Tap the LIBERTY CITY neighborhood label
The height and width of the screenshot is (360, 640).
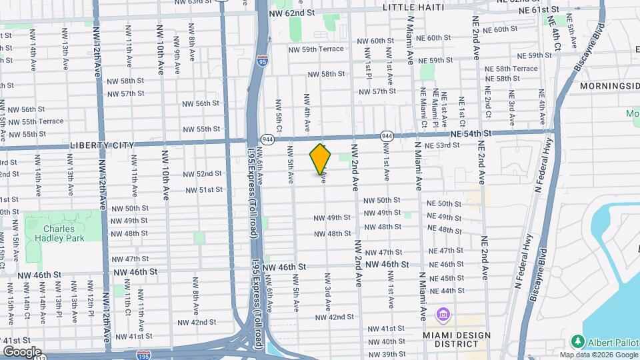pos(101,145)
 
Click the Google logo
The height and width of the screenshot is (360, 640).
pos(21,352)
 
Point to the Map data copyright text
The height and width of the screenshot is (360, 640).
pos(599,355)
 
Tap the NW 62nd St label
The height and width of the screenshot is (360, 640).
pos(291,13)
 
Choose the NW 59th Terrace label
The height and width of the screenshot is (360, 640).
pos(316,49)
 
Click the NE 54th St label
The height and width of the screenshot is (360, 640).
pos(471,133)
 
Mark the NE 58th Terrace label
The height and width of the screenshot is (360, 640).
pos(511,69)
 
